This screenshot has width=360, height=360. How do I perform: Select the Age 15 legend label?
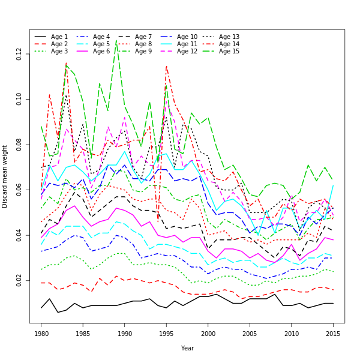click(x=229, y=52)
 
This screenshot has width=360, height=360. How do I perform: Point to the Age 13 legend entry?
click(x=229, y=37)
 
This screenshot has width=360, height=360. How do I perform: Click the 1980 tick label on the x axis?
click(x=41, y=333)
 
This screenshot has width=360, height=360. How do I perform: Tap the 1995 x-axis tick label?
click(x=166, y=333)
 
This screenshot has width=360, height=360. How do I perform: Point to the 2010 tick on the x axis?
click(x=292, y=333)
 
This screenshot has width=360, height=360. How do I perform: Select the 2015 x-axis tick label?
click(x=333, y=333)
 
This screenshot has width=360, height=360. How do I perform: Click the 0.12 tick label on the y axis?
click(x=20, y=54)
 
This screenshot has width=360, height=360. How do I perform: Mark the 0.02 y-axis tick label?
click(x=20, y=280)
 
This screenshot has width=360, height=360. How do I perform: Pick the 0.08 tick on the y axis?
click(x=20, y=145)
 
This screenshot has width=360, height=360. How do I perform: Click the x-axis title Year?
click(x=187, y=348)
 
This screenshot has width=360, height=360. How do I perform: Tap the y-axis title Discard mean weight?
click(x=5, y=176)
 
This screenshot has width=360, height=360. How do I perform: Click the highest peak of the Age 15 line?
click(x=116, y=41)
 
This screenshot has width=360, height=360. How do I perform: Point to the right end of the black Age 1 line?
click(x=333, y=303)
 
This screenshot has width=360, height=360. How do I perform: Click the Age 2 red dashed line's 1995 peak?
click(x=166, y=66)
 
